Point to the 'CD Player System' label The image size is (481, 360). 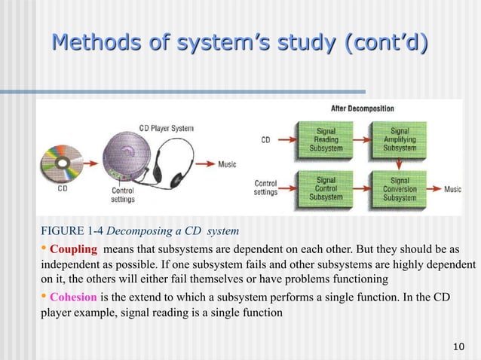(166, 128)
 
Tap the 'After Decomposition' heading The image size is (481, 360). (362, 108)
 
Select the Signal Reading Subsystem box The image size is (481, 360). (326, 139)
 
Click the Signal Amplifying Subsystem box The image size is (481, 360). (400, 139)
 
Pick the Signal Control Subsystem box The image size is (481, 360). (326, 188)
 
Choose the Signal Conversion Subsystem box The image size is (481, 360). (400, 188)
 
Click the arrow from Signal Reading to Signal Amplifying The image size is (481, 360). (363, 140)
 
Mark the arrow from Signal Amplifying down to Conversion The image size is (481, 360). (400, 164)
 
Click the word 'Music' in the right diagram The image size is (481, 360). (452, 189)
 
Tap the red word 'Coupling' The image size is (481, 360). (73, 249)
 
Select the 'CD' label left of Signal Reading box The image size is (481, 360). (265, 139)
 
